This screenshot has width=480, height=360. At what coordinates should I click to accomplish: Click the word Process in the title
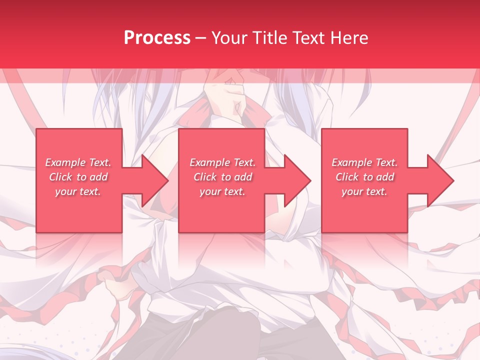coord(157,38)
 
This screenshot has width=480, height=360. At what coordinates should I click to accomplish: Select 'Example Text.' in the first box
coord(78,162)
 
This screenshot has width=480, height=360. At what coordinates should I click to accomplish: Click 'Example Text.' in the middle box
coord(222,162)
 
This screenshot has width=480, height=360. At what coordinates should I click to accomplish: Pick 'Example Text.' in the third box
coord(364,162)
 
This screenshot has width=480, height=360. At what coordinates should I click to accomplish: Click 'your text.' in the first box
coord(78,191)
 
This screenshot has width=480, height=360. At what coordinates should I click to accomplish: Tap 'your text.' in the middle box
coord(222,191)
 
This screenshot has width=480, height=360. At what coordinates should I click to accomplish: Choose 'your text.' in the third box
coord(364,191)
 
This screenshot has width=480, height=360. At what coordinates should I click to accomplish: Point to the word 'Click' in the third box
coord(347,177)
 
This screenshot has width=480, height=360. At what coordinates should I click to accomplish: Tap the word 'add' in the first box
coord(98,177)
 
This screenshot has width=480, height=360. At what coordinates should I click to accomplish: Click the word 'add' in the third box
coord(385,177)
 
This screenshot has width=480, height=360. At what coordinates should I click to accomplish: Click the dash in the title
coord(201,38)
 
